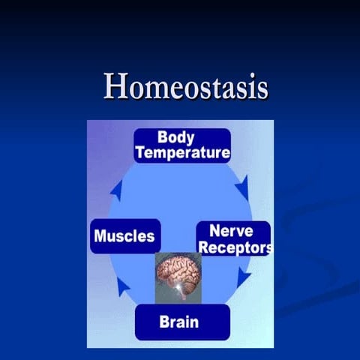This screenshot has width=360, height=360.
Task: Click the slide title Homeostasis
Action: (186, 86)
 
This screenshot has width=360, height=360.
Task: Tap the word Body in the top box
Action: (176, 138)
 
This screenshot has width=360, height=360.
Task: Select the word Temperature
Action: (182, 153)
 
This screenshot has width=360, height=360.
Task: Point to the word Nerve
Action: (230, 231)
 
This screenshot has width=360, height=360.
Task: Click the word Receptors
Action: (233, 247)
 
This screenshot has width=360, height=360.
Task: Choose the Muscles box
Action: (124, 236)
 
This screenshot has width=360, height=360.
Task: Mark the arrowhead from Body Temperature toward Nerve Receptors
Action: (241, 185)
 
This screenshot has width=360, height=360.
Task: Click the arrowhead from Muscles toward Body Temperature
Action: (116, 189)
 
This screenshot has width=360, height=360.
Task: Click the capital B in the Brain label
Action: (164, 322)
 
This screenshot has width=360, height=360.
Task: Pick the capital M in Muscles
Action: (100, 237)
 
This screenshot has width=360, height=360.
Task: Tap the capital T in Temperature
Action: (140, 153)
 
